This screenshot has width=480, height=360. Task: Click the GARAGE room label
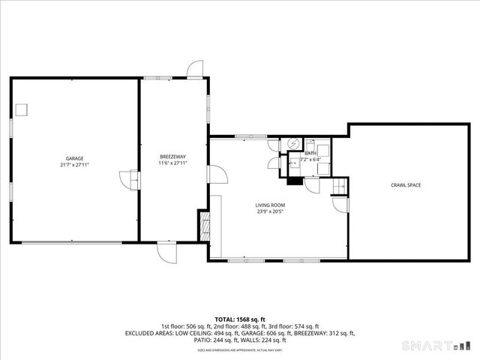pyautogui.click(x=74, y=158)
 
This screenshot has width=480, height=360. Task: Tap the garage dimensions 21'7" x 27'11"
pyautogui.click(x=74, y=165)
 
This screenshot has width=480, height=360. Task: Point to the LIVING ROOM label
pyautogui.click(x=271, y=205)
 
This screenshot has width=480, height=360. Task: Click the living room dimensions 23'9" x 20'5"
pyautogui.click(x=271, y=211)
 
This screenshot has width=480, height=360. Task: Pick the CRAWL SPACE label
pyautogui.click(x=405, y=184)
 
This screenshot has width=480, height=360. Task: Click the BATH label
pyautogui.click(x=310, y=153)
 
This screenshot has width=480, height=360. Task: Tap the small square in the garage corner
pyautogui.click(x=22, y=109)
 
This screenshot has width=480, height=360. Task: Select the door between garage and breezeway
pyautogui.click(x=130, y=180)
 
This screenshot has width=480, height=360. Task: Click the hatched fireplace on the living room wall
pyautogui.click(x=202, y=225)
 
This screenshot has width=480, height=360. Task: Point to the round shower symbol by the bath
pyautogui.click(x=294, y=143)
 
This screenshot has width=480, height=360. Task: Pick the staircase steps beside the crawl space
pyautogui.click(x=338, y=185)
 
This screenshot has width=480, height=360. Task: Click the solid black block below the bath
pyautogui.click(x=295, y=180)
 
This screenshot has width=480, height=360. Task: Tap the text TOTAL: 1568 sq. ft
pyautogui.click(x=240, y=319)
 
